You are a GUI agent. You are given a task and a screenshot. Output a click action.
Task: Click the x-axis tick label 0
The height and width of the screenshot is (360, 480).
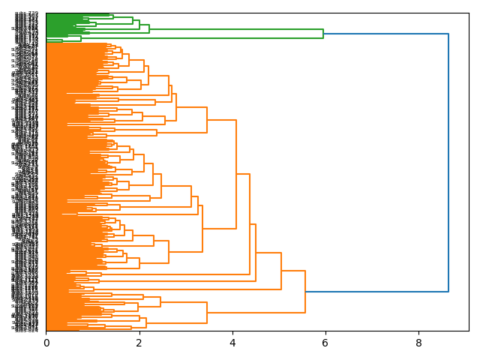click(46, 343)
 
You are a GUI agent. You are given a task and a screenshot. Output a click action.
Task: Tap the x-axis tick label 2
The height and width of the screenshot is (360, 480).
click(139, 343)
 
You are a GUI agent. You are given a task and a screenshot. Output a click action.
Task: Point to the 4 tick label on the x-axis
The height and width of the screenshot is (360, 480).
click(232, 343)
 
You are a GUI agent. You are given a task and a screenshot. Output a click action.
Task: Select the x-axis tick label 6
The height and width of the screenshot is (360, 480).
click(325, 343)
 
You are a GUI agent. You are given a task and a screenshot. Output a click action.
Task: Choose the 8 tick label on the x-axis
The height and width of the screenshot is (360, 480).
click(418, 343)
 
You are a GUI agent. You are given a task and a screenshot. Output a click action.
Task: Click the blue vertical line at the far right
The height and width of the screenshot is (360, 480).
click(448, 163)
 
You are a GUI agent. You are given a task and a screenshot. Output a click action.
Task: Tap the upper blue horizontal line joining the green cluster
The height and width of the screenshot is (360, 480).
click(385, 34)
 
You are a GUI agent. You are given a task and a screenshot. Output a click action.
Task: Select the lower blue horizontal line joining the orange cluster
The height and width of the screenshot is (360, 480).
click(376, 292)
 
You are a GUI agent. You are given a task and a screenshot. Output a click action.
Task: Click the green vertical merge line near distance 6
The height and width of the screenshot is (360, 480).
click(323, 34)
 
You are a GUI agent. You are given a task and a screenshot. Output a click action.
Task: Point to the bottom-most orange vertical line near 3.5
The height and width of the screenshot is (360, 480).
click(207, 313)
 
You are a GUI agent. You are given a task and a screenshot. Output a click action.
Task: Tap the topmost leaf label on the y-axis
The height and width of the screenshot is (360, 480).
click(27, 13)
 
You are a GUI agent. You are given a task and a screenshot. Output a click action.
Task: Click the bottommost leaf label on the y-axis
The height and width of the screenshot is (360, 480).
click(27, 330)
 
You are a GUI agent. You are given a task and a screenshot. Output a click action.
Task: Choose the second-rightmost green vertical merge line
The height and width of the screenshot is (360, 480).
click(149, 29)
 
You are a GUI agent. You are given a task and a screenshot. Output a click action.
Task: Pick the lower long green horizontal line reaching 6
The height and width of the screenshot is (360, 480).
click(187, 38)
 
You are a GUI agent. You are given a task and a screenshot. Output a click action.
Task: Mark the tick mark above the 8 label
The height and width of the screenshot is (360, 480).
click(418, 332)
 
